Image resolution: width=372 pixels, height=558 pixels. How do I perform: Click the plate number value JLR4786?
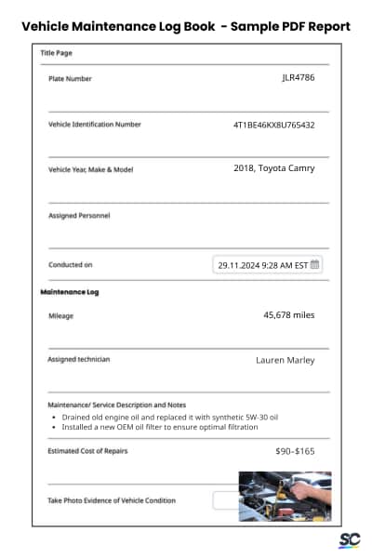click(x=298, y=77)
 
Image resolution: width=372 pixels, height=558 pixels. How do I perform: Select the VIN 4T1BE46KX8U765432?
click(x=273, y=124)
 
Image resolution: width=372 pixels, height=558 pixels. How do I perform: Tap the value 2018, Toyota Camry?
click(x=273, y=168)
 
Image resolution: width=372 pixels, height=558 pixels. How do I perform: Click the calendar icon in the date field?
click(x=314, y=264)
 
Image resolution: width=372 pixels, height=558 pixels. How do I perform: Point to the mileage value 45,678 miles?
click(x=289, y=315)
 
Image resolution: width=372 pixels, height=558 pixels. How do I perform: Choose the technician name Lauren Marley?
click(x=285, y=360)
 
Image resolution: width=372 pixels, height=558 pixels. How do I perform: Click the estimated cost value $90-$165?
click(x=295, y=450)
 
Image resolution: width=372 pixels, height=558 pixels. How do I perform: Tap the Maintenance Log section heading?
click(x=70, y=292)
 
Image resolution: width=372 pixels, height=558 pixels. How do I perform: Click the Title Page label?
click(x=56, y=53)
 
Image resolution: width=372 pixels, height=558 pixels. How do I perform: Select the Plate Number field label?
click(x=70, y=79)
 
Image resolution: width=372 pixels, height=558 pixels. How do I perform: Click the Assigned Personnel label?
click(x=79, y=216)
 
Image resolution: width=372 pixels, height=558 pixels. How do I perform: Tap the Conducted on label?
click(x=70, y=265)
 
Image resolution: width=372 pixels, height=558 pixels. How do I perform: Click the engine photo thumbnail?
click(x=285, y=496)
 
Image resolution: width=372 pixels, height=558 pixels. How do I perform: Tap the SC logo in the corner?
click(x=349, y=540)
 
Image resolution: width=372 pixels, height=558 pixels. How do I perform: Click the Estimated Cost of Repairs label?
click(x=87, y=451)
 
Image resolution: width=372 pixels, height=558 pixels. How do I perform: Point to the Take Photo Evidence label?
click(x=111, y=500)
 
